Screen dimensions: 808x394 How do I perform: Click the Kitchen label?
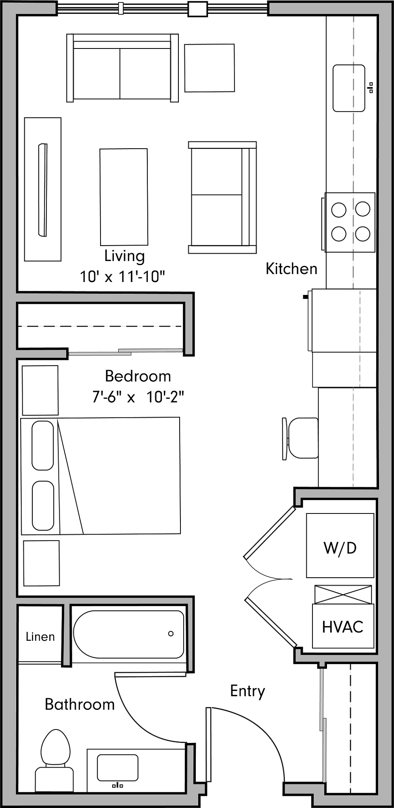pos(291,269)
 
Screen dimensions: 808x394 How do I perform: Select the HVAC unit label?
pos(343,627)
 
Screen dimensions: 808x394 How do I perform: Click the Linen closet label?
pos(40,637)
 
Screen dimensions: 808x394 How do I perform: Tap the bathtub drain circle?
pos(171,633)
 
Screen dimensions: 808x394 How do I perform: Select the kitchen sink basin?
pos(349,88)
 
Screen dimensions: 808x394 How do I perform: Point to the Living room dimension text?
pos(122,277)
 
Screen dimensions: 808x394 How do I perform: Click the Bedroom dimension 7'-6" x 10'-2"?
pos(138,397)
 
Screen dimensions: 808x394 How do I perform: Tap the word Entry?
pos(247,691)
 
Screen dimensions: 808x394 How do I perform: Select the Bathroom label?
pos(80,705)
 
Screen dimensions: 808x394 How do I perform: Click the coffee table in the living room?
pos(124,197)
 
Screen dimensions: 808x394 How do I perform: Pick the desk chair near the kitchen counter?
pos(301,438)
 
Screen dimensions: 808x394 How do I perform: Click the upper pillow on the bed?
pos(42,446)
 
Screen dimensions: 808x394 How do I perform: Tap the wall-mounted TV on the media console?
pos(42,189)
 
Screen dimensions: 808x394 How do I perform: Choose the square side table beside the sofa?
pos(210,68)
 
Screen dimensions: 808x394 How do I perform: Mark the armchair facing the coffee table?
pos(222,197)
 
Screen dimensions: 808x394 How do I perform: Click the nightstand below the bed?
pos(41,563)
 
